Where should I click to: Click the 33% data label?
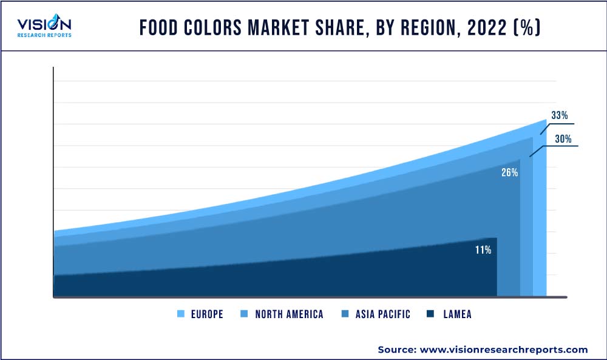[559, 115]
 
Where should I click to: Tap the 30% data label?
[563, 139]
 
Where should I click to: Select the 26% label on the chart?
[509, 172]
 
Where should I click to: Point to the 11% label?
[483, 250]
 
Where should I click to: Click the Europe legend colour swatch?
[181, 314]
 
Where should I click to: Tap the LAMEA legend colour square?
[430, 314]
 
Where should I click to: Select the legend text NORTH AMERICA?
[289, 314]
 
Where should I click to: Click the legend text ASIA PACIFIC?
[384, 314]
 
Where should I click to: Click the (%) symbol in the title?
[526, 29]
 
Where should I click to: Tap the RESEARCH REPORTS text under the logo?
[44, 35]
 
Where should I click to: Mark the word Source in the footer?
[395, 350]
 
